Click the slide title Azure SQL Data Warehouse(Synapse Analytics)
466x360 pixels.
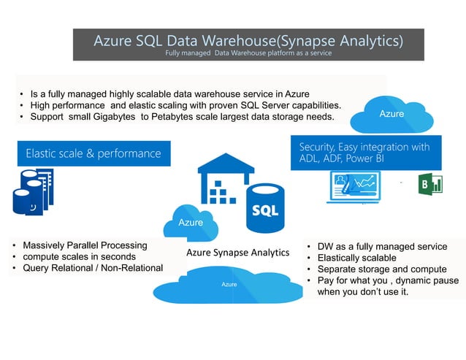[x=248, y=40]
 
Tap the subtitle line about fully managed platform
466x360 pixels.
[x=248, y=53]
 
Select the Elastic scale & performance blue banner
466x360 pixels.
[x=93, y=153]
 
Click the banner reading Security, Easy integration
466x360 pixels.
[x=364, y=153]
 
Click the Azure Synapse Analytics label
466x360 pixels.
[x=238, y=253]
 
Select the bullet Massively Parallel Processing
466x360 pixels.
[x=85, y=245]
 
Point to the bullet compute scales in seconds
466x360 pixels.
[x=79, y=257]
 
